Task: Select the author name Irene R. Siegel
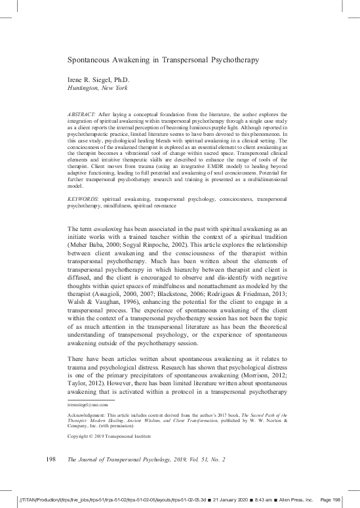98,80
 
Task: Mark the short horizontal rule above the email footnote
91,400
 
